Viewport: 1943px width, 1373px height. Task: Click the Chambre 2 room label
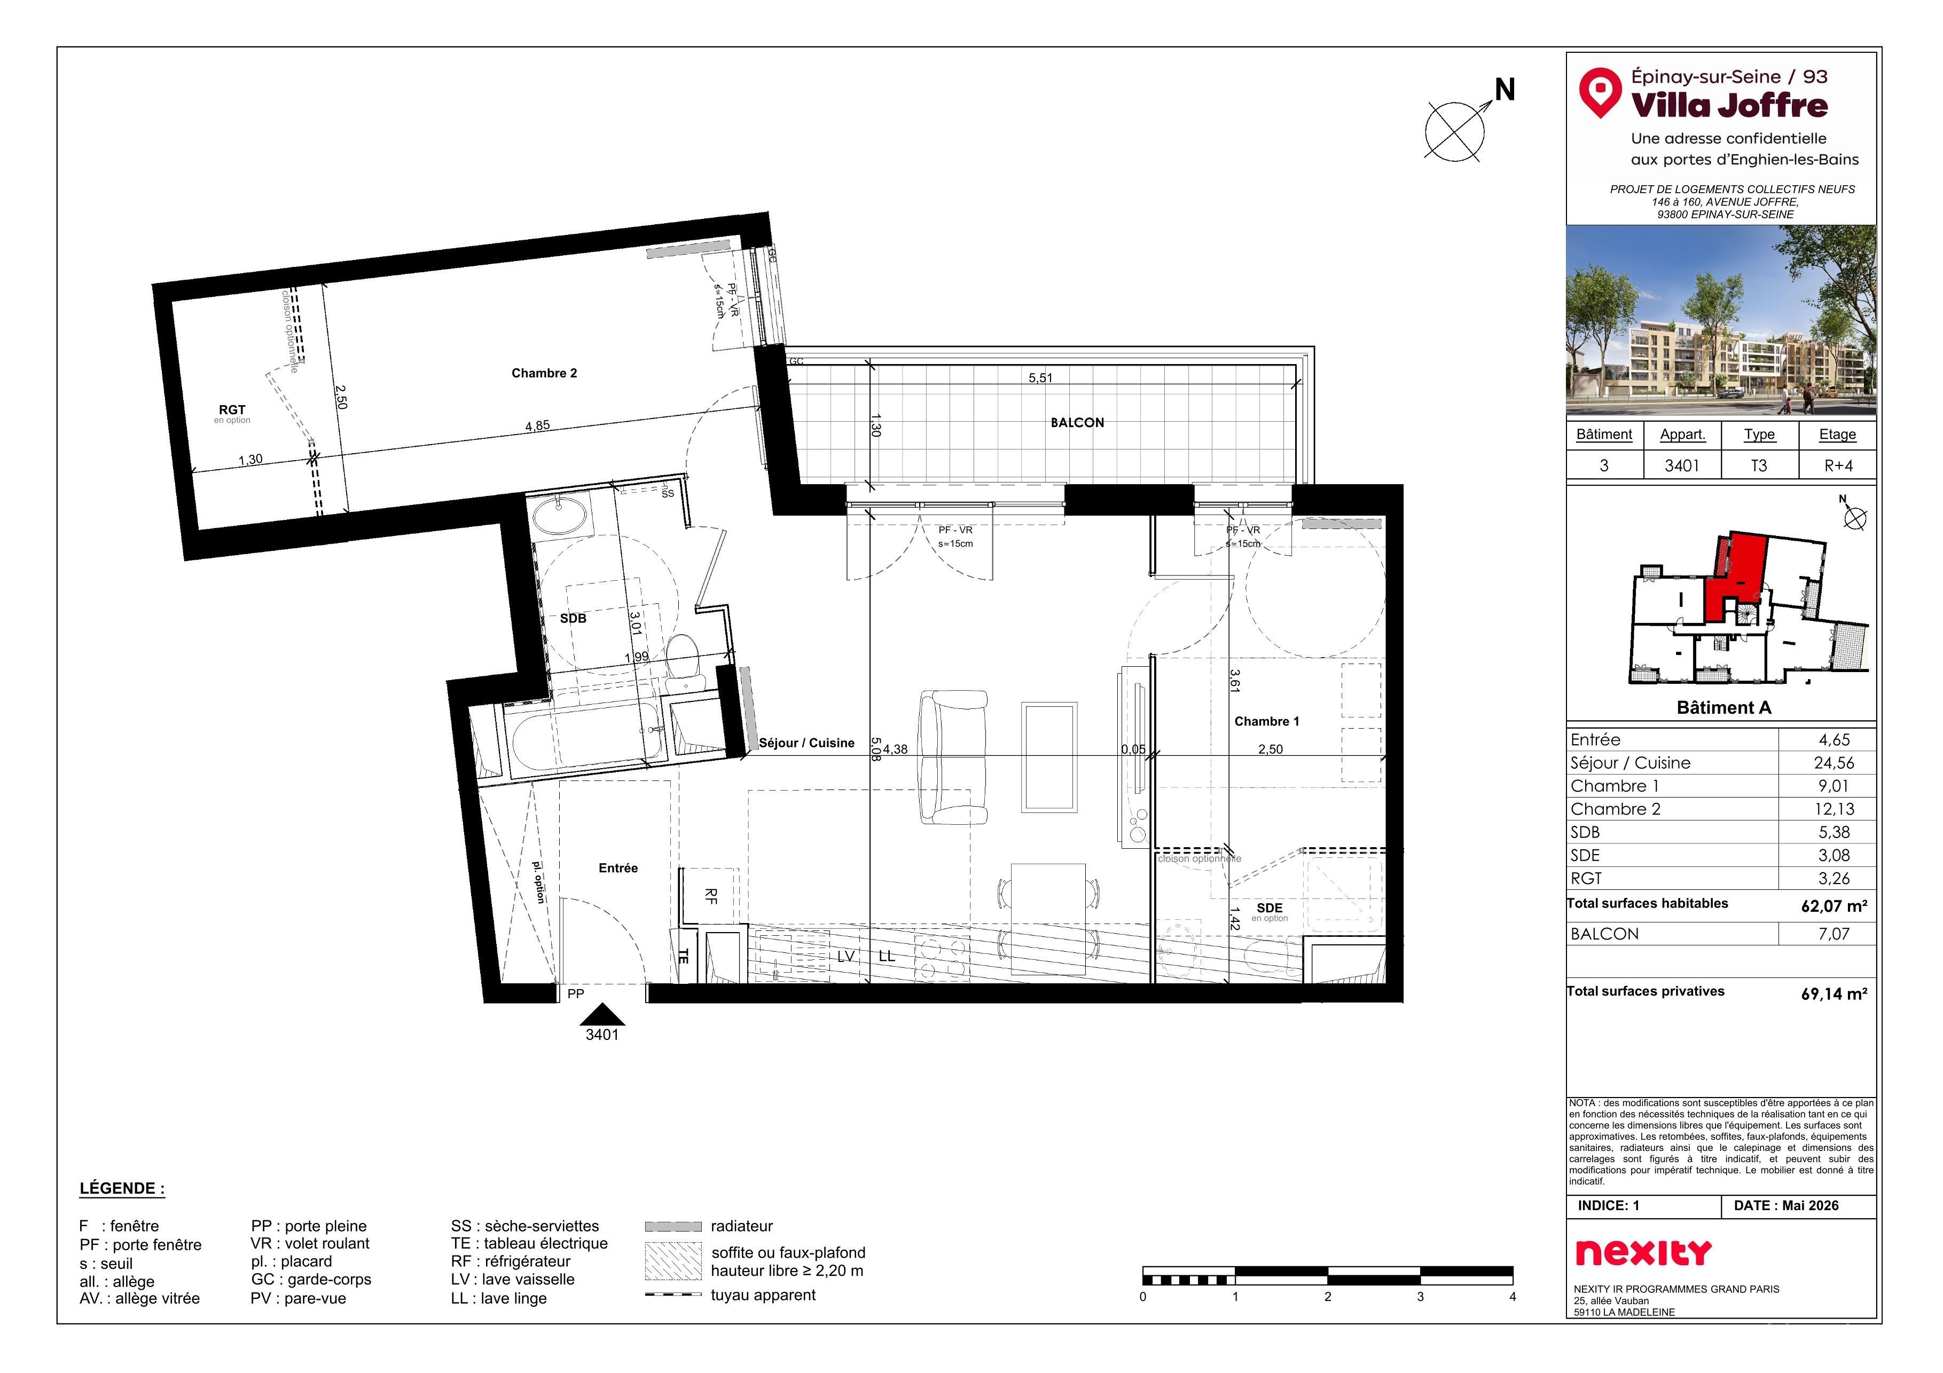[x=544, y=373]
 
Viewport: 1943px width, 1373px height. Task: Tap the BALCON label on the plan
[x=1077, y=423]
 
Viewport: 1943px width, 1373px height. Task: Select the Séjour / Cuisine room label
[x=806, y=743]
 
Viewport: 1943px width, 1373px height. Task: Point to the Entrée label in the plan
[x=618, y=868]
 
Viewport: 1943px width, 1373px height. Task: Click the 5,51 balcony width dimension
[x=1041, y=378]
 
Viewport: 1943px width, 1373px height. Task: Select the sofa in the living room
[x=954, y=757]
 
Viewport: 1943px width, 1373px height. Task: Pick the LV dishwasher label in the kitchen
[x=845, y=957]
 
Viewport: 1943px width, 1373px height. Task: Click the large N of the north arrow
[x=1504, y=90]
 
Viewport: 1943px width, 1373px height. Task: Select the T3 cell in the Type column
[x=1759, y=465]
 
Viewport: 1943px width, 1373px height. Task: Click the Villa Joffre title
[x=1729, y=106]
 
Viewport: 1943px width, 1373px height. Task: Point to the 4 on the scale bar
[x=1512, y=1297]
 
